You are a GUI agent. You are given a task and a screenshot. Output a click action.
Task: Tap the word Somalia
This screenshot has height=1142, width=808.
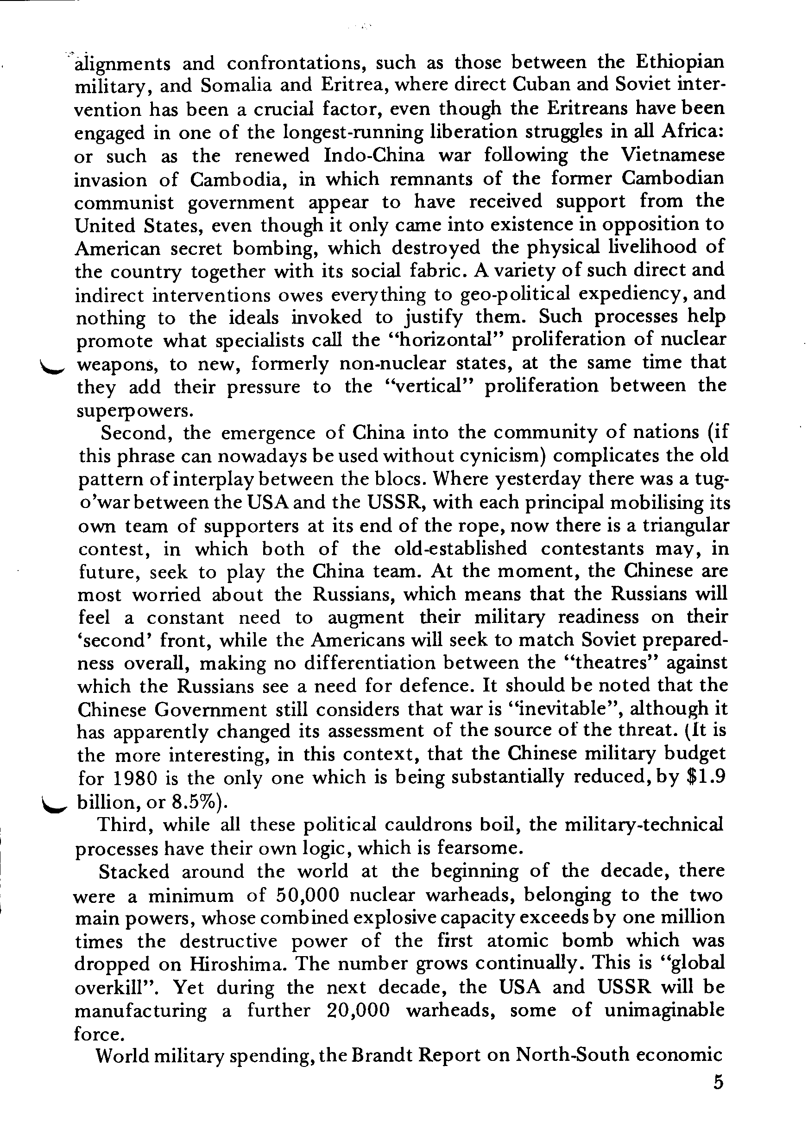pyautogui.click(x=236, y=86)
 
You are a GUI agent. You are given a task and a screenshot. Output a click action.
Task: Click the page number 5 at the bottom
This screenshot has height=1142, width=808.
pyautogui.click(x=718, y=1083)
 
